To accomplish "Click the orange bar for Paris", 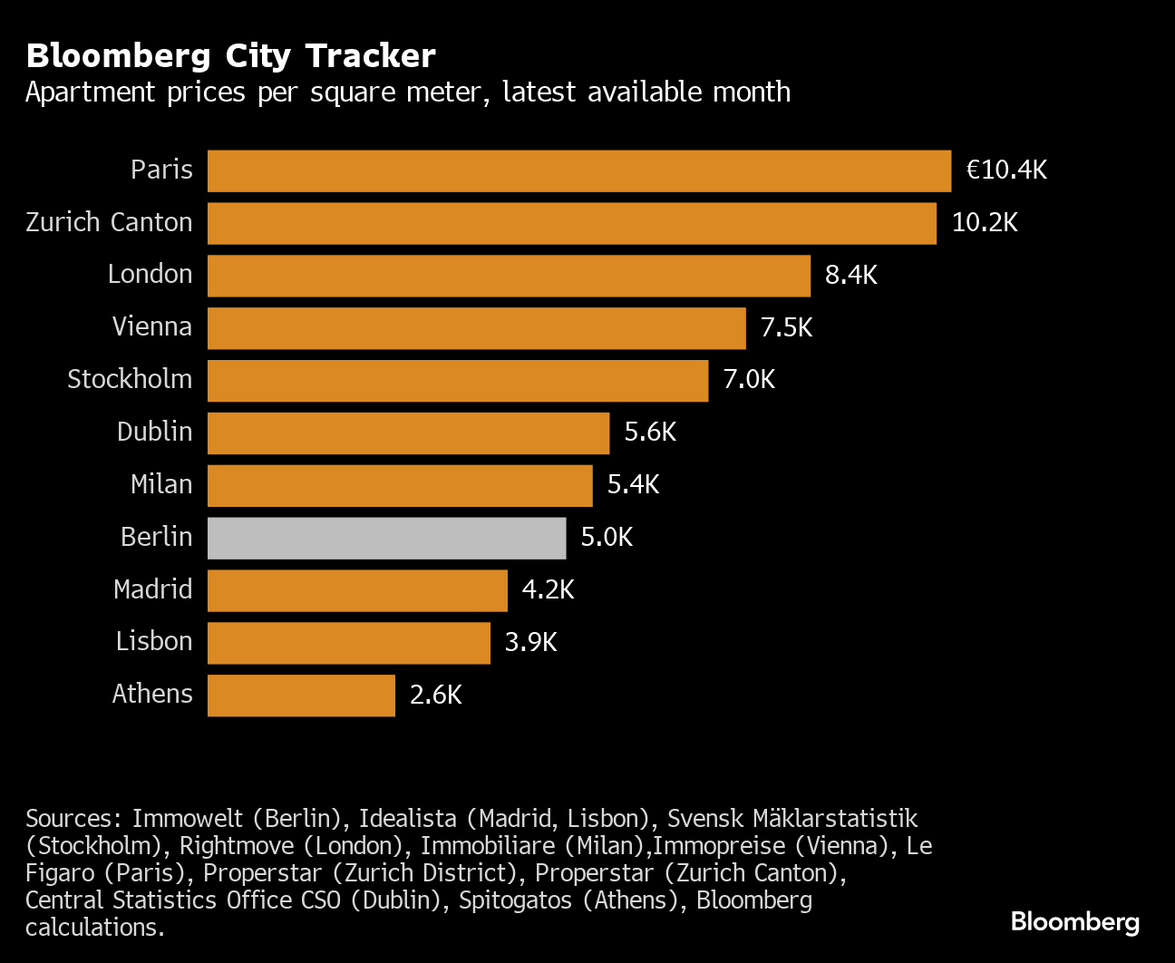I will click(578, 170).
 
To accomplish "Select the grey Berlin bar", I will click(386, 538).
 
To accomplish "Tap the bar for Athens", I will click(301, 695).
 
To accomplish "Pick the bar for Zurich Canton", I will click(571, 223).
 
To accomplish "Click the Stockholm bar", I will click(457, 381).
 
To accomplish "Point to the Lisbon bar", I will click(348, 643).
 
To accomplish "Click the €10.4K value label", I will click(1006, 170).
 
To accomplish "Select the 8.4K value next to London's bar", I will click(850, 276).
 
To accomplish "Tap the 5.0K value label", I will click(607, 538).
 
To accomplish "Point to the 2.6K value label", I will click(435, 695).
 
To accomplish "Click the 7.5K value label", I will click(786, 328).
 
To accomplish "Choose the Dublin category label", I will click(154, 433).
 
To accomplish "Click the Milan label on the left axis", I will click(161, 485).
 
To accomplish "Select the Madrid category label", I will click(152, 590).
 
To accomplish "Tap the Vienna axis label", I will click(151, 327).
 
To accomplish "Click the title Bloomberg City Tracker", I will click(230, 56).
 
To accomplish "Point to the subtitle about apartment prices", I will click(407, 92).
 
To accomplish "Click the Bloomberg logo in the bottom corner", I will click(1074, 922).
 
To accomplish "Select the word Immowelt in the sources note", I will click(187, 819).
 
